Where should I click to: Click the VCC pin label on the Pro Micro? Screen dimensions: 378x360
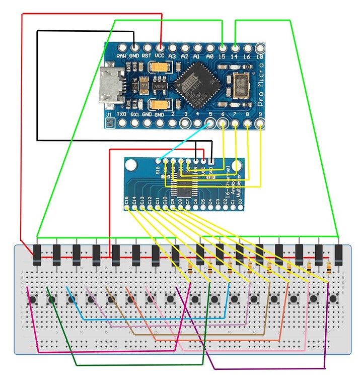(160, 56)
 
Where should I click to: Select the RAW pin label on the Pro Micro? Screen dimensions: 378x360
(121, 56)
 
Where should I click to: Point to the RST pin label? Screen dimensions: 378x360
(147, 56)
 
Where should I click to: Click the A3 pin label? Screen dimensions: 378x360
(172, 56)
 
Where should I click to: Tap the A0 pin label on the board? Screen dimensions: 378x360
(210, 56)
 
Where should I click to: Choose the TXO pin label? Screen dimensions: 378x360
(121, 115)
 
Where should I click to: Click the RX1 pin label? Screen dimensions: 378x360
(134, 115)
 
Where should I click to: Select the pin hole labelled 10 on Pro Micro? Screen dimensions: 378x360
(260, 48)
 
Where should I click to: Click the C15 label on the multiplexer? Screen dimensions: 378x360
(126, 202)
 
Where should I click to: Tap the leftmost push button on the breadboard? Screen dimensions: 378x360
(33, 299)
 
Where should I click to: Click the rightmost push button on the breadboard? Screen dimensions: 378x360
(333, 299)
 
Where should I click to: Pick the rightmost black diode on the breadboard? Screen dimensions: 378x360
(339, 252)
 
